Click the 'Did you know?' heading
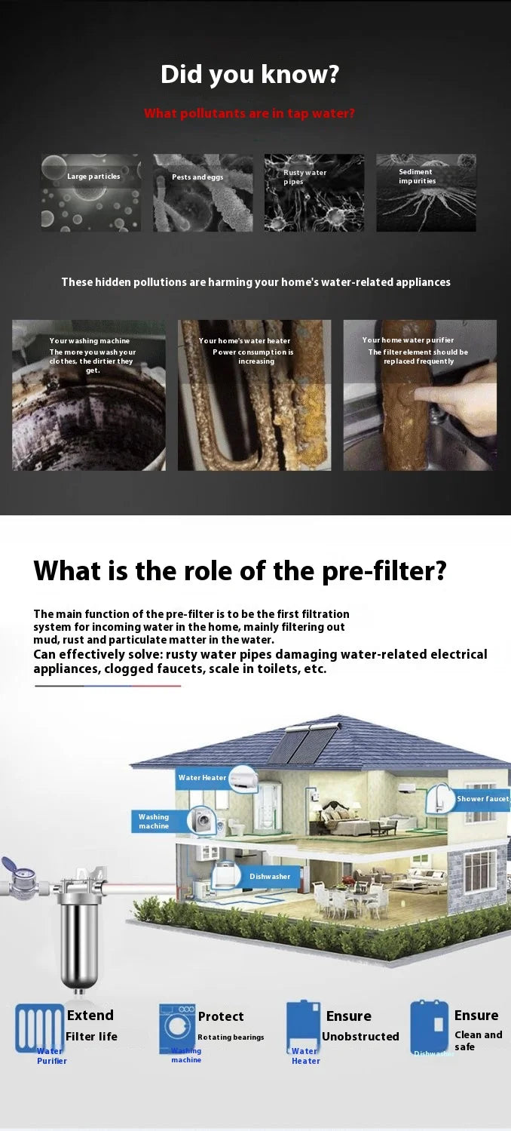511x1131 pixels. (x=249, y=75)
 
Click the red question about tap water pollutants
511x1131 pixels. (x=249, y=113)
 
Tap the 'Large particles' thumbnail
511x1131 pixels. (x=90, y=192)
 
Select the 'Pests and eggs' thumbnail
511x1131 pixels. (x=203, y=192)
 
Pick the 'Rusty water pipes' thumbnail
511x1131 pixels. (x=314, y=192)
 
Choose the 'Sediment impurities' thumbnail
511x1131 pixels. (x=426, y=192)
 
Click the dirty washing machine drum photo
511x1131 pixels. (x=89, y=407)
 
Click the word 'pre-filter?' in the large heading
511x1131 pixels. (x=384, y=570)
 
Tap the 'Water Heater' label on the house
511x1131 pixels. (x=202, y=778)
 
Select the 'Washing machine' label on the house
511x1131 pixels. (x=154, y=821)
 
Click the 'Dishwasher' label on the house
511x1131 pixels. (x=270, y=876)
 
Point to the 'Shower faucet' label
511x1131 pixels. (x=482, y=798)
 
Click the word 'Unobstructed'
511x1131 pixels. (x=360, y=1037)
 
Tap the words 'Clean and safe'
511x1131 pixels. (x=478, y=1040)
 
